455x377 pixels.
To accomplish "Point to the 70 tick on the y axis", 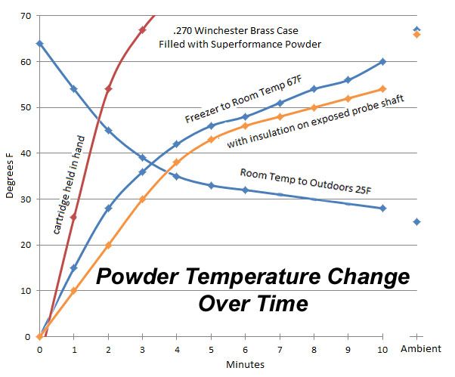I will tap(26, 16).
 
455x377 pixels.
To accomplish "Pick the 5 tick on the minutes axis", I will tap(211, 350).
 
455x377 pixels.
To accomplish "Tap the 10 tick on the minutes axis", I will tap(382, 350).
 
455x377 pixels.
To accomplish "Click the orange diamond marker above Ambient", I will tap(416, 34).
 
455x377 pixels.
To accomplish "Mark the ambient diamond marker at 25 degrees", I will tap(416, 222).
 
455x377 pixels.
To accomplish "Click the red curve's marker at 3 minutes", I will tap(142, 29).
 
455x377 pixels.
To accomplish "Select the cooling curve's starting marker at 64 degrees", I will tap(39, 44).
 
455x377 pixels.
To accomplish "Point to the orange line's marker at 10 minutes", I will tap(382, 89).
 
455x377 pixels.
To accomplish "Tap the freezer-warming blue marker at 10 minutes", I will tap(382, 61).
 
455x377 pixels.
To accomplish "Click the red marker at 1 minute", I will tap(73, 218).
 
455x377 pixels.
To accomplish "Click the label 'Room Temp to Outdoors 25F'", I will tap(305, 181).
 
